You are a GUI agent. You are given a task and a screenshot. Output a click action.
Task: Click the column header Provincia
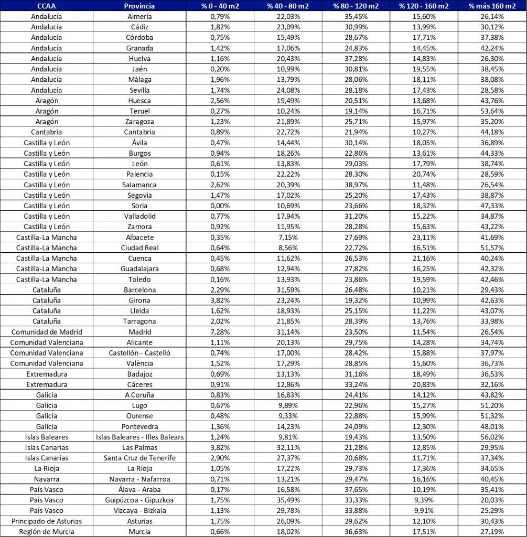click(x=139, y=6)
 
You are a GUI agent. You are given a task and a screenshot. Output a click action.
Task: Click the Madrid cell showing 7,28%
click(x=220, y=331)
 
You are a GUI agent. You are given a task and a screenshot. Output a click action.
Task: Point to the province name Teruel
click(x=139, y=111)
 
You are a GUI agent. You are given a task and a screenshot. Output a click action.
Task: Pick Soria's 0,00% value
click(x=220, y=206)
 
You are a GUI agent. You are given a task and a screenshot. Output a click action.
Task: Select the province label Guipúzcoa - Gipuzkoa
click(x=139, y=499)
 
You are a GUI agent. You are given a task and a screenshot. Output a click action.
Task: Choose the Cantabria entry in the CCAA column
click(x=47, y=132)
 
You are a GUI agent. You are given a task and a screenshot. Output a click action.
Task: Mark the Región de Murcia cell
click(x=47, y=531)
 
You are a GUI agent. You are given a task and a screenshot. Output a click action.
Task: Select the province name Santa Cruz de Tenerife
click(x=139, y=457)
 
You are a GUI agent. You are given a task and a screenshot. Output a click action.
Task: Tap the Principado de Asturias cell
click(x=47, y=520)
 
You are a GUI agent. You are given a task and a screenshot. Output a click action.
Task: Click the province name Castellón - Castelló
click(x=139, y=352)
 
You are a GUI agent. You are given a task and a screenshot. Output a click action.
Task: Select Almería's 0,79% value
click(x=220, y=17)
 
